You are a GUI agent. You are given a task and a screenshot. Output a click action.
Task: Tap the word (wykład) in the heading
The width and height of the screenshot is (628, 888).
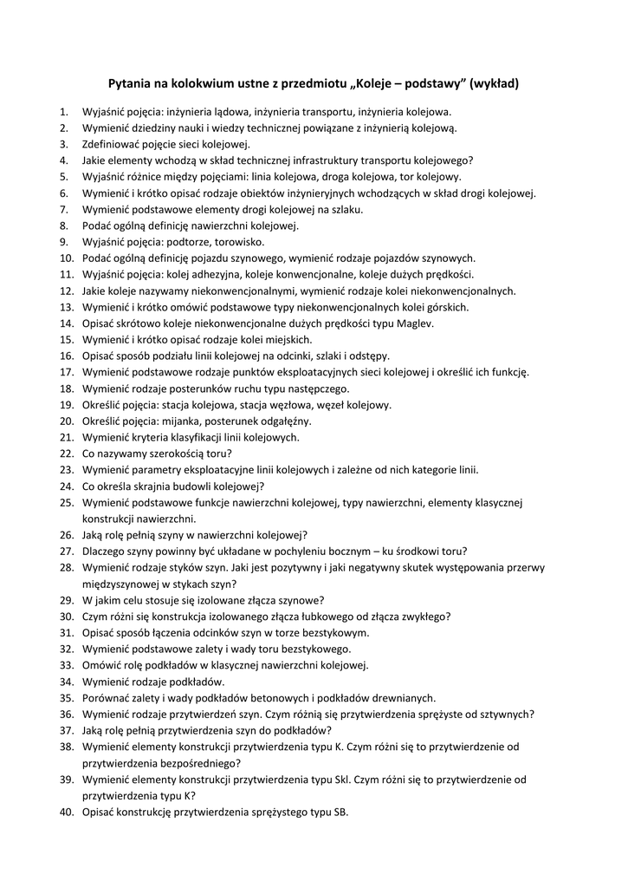tap(494, 84)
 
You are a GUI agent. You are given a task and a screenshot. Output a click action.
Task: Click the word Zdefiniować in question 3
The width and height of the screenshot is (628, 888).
tap(113, 144)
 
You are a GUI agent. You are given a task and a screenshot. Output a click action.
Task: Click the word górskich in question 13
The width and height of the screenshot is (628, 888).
tap(446, 307)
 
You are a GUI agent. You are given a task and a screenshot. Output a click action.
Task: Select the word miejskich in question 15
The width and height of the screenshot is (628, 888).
tap(289, 339)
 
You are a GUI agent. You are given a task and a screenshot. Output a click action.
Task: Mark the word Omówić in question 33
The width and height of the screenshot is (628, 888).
tap(102, 665)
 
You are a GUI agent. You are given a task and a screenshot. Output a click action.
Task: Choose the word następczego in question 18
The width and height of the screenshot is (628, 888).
tap(314, 388)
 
